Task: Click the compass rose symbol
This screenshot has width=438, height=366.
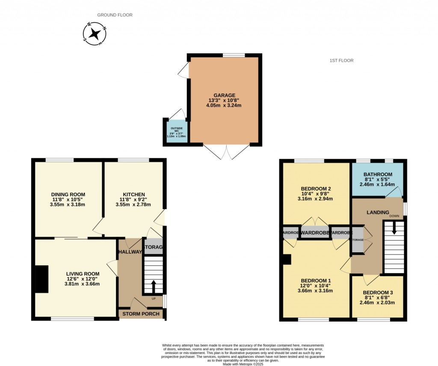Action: point(95,34)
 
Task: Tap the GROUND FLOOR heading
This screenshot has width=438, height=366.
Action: point(115,15)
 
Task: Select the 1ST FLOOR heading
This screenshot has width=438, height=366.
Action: point(341,61)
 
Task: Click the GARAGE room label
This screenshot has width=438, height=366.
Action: point(225,95)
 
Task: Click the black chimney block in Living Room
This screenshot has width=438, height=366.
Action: point(42,279)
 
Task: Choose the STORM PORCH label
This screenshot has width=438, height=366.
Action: point(141,314)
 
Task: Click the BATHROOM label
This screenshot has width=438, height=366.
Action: point(378,174)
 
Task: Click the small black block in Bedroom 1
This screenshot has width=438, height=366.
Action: point(287,260)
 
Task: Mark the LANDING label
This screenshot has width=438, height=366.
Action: point(378,213)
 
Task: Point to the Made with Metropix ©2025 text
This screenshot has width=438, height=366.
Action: point(243,360)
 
